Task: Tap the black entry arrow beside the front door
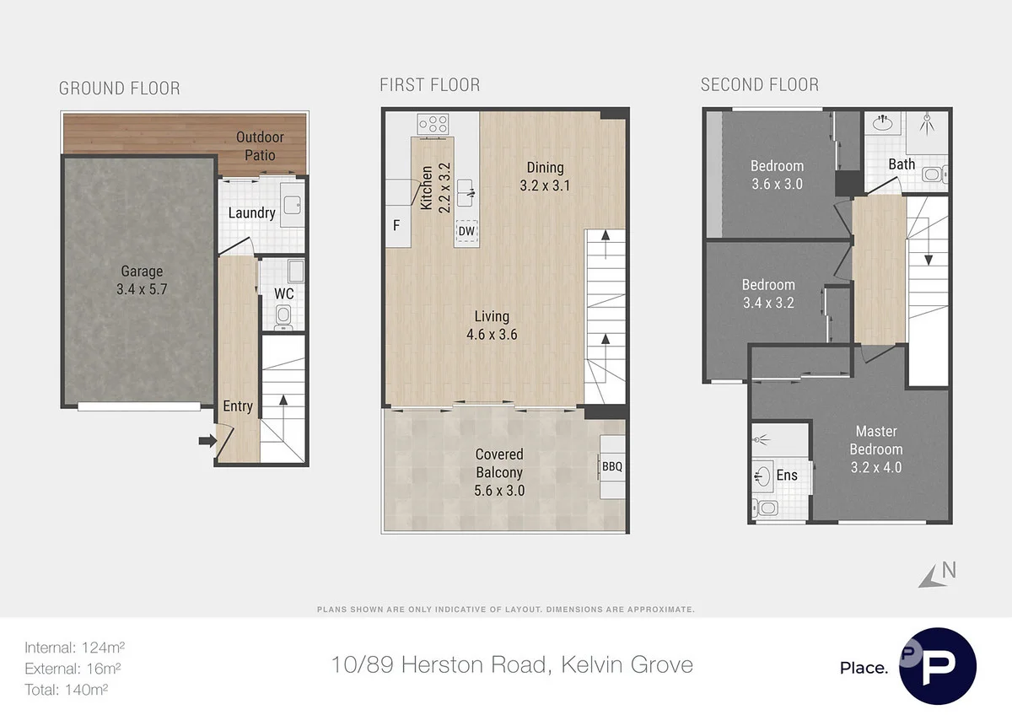pyautogui.click(x=206, y=439)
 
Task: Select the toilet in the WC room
pyautogui.click(x=283, y=315)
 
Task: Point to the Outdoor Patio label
pyautogui.click(x=260, y=146)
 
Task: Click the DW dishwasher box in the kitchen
pyautogui.click(x=466, y=230)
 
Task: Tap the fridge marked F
pyautogui.click(x=396, y=225)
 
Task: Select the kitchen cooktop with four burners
pyautogui.click(x=433, y=124)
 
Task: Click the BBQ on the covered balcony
pyautogui.click(x=611, y=465)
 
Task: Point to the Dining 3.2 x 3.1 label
pyautogui.click(x=545, y=176)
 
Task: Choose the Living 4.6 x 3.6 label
pyautogui.click(x=491, y=325)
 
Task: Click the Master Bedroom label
pyautogui.click(x=875, y=449)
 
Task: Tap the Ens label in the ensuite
pyautogui.click(x=786, y=476)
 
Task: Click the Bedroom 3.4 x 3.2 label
pyautogui.click(x=767, y=293)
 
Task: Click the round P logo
pyautogui.click(x=937, y=666)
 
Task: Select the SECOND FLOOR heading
pyautogui.click(x=759, y=85)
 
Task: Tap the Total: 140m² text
pyautogui.click(x=67, y=689)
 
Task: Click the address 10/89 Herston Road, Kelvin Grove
pyautogui.click(x=512, y=664)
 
